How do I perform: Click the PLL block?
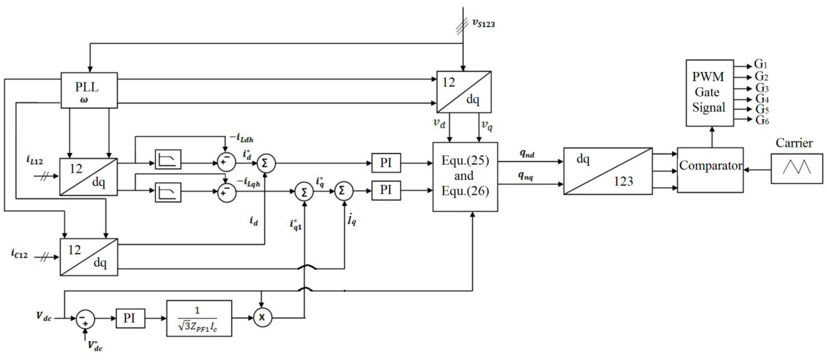[x=89, y=90]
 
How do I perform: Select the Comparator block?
[x=710, y=170]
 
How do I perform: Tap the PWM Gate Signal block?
[x=710, y=93]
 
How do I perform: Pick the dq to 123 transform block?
[x=608, y=171]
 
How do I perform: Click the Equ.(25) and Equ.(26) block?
[x=465, y=177]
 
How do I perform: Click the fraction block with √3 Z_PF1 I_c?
[x=199, y=318]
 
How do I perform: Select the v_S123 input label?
[x=483, y=23]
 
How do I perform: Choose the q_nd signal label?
[x=527, y=154]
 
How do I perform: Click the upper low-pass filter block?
[x=168, y=159]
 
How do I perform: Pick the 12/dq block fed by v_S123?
[x=464, y=92]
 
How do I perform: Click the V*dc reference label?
[x=95, y=346]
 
